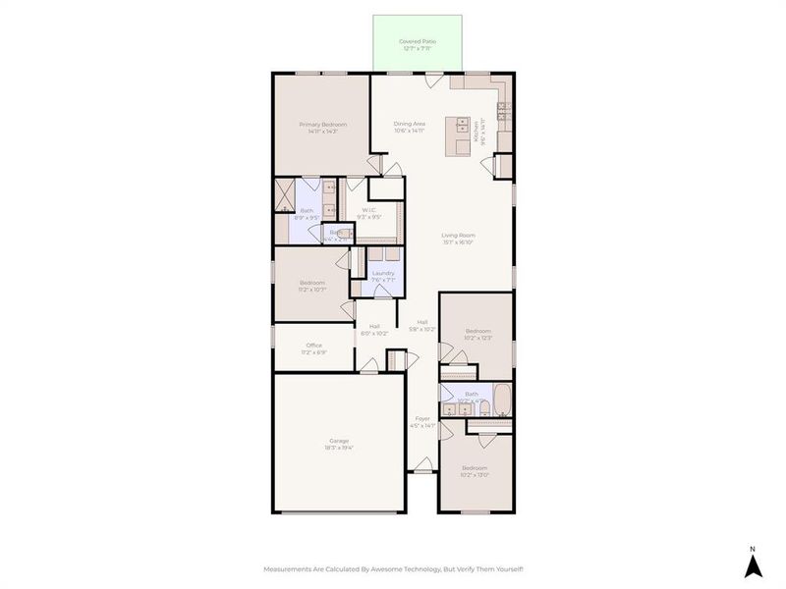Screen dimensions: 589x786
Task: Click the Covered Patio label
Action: point(417,41)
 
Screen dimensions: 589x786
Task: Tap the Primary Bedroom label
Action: point(323,125)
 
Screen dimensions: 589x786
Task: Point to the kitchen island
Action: point(459,135)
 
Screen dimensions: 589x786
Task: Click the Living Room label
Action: point(458,235)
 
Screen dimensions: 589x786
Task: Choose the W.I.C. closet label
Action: point(369,209)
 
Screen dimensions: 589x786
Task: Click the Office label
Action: point(314,345)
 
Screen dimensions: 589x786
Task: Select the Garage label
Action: point(339,441)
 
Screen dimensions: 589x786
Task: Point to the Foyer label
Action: point(421,419)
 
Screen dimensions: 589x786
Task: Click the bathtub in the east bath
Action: point(501,400)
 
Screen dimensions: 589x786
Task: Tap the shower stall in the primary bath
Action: point(285,194)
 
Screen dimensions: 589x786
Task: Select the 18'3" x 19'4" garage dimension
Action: point(339,448)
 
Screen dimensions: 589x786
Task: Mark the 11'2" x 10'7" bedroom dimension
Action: point(312,290)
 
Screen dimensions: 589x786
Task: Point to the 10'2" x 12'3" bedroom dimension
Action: point(477,338)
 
